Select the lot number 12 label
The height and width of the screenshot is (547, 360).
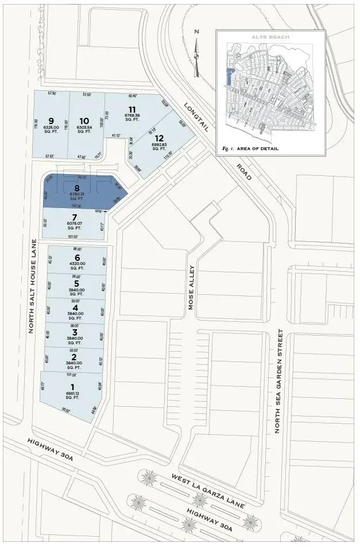point(160,138)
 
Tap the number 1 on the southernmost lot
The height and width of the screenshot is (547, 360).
point(72,387)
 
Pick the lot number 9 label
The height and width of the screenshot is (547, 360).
point(51,121)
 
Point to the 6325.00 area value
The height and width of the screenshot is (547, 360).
point(51,128)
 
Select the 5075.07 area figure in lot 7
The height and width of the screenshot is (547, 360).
point(75,223)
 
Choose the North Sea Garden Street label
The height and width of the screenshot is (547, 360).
point(280,380)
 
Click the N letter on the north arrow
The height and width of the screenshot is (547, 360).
point(196,32)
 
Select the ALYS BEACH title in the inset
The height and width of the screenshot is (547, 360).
point(270,37)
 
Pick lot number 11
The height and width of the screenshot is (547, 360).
point(132,109)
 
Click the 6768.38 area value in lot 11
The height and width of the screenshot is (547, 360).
point(132,115)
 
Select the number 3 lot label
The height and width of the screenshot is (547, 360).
point(75,332)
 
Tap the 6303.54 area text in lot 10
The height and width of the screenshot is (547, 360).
point(84,128)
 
